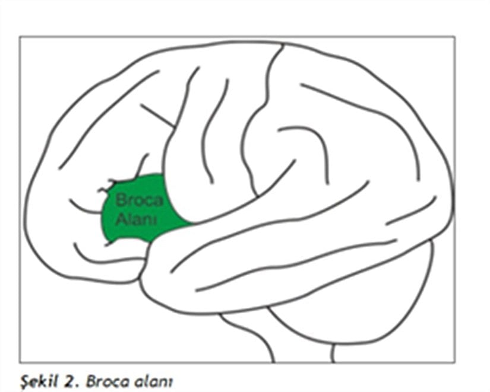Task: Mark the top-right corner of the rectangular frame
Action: tap(454, 37)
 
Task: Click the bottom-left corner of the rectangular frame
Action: tap(20, 362)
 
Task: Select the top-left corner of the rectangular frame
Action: tap(20, 37)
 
